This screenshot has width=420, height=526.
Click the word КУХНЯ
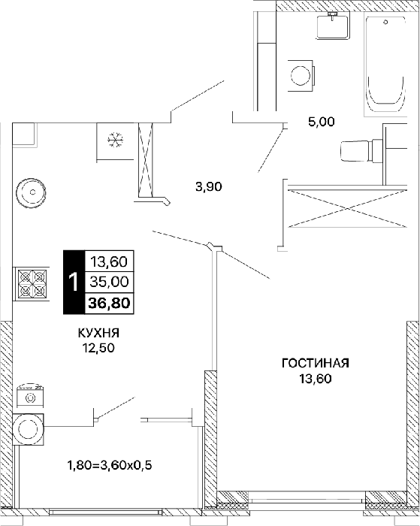pos(99,333)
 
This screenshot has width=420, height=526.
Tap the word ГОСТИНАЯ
pos(316,363)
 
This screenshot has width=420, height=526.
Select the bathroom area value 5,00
pos(322,122)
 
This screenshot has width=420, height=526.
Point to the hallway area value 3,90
pos(209,186)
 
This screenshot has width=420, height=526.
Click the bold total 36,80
pos(110,304)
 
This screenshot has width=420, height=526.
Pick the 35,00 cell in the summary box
pos(110,282)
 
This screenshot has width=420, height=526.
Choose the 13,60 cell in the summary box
pos(110,261)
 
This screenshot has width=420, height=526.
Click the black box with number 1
pos(74,282)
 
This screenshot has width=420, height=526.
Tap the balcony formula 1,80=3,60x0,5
pos(110,466)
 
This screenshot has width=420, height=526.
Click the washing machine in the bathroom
pos(301,75)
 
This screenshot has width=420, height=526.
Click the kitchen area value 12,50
pos(99,348)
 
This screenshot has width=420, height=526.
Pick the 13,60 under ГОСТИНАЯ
pos(316,379)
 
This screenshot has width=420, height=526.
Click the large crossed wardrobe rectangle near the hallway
pos(347,208)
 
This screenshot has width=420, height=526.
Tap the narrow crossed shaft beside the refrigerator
pos(146,159)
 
